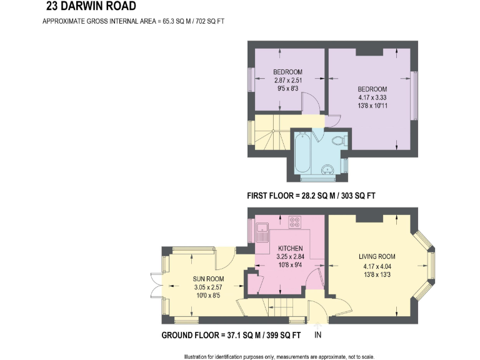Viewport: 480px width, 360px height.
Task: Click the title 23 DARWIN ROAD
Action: point(90,7)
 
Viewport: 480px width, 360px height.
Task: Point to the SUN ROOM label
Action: point(208,279)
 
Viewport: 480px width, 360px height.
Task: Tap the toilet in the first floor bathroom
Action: point(338,141)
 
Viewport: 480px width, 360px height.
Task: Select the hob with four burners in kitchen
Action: point(295,222)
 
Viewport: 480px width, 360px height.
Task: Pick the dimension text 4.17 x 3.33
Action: point(372,97)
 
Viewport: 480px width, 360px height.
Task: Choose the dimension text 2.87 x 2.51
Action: point(288,80)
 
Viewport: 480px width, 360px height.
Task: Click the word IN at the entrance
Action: point(317,336)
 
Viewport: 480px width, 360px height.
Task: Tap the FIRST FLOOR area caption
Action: point(311,196)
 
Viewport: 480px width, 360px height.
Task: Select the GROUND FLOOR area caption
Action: point(231,336)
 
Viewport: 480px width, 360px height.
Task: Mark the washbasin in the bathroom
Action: point(327,168)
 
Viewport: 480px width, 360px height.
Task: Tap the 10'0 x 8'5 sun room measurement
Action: point(208,296)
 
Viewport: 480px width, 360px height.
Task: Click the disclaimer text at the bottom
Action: point(279,356)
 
